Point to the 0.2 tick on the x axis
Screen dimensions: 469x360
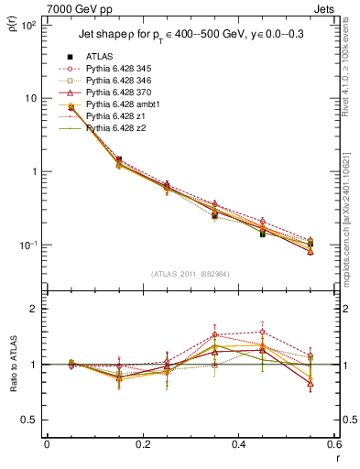point(142,446)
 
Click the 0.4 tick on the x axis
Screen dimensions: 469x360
point(238,446)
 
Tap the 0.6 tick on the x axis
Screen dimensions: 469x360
point(334,446)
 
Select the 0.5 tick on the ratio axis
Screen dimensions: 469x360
point(33,420)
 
